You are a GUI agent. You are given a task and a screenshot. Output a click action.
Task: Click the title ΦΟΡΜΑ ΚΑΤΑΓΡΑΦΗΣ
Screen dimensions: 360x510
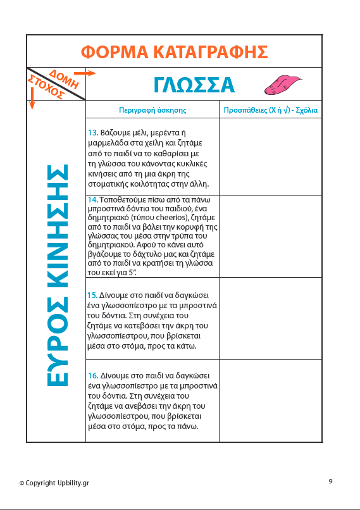click(175, 51)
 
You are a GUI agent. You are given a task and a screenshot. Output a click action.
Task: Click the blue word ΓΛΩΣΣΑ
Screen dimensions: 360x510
click(194, 85)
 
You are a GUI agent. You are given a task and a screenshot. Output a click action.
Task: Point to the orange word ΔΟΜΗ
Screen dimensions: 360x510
click(65, 78)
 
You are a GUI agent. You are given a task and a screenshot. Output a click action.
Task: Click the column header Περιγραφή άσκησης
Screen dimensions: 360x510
click(152, 110)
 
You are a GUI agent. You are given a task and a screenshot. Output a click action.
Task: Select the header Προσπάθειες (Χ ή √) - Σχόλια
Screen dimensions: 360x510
click(270, 110)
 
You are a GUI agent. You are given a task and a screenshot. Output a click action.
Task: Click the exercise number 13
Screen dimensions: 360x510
click(92, 133)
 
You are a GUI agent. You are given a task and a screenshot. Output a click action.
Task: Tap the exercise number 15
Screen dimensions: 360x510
click(92, 295)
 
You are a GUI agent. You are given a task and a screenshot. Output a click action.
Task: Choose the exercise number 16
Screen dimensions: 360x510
click(92, 375)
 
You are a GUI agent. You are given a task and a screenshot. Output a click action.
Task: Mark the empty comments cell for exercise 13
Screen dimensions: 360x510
click(270, 156)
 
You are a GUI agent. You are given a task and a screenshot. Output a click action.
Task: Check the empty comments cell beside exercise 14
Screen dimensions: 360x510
click(270, 235)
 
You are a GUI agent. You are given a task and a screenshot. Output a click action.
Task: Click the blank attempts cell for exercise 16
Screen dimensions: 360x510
click(270, 401)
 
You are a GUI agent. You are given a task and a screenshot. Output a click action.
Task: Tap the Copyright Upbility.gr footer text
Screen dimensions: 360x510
click(54, 483)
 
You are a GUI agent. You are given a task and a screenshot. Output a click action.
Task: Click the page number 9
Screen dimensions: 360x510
click(330, 482)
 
